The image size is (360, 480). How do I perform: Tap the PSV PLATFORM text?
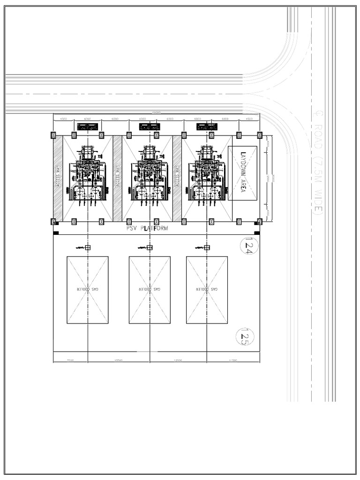coord(147,228)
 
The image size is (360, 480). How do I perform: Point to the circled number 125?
coord(246,337)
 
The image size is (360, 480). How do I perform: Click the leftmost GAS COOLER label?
coord(88,290)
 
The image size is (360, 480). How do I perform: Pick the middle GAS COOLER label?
coord(150,290)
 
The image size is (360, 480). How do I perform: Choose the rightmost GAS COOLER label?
coord(207,290)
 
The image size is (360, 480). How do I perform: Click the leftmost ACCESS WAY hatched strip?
coord(58,178)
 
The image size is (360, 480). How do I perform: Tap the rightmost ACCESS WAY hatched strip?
coord(177,178)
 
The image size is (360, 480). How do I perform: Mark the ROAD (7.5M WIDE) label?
coord(316,164)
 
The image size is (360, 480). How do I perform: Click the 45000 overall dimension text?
coord(156,112)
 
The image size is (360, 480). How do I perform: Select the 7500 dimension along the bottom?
coord(71,360)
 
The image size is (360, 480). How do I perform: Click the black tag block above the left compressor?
coord(88,127)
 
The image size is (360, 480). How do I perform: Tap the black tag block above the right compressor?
coord(207,127)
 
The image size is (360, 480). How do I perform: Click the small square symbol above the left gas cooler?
coord(88,247)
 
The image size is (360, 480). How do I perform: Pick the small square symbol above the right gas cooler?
coord(207,247)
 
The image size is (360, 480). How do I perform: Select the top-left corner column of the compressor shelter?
coord(53,135)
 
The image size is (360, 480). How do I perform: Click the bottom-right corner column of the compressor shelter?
coord(259,221)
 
